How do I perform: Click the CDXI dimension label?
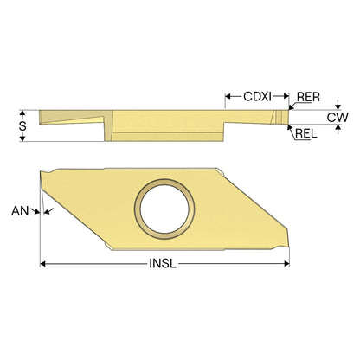tap(257, 96)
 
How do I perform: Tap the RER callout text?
tap(308, 97)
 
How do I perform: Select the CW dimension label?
tap(337, 118)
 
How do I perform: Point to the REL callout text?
tap(306, 133)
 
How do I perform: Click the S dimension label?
tap(22, 126)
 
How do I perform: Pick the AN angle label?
tap(20, 211)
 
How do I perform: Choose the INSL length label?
tap(163, 264)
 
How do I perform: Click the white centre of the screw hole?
tap(164, 209)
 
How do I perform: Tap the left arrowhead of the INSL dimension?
tap(43, 264)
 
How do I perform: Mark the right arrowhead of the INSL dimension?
tap(286, 264)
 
